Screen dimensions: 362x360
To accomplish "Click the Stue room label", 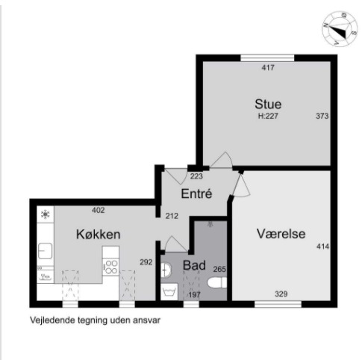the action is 268,104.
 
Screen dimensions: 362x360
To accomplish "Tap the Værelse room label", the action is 281,234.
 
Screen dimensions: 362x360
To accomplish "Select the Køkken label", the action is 99,235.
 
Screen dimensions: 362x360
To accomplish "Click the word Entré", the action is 196,193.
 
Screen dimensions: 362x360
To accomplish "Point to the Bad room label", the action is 194,265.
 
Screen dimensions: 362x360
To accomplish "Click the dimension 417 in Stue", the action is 268,67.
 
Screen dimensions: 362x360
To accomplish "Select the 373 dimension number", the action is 322,116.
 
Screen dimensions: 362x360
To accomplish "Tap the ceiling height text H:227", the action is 268,116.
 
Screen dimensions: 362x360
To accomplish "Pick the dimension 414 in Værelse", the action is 322,246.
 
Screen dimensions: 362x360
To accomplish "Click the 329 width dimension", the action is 281,294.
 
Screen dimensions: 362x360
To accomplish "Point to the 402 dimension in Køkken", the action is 99,210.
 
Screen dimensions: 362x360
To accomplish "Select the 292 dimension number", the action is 146,262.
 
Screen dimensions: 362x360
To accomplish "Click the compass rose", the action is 340,28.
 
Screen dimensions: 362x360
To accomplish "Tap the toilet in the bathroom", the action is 217,283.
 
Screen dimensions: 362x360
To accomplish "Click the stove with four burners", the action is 110,267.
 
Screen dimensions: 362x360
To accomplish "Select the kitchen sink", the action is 45,251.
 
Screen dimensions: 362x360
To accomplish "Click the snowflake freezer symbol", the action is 46,214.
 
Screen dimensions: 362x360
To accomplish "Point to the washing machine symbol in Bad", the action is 169,291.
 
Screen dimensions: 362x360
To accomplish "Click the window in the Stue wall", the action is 267,58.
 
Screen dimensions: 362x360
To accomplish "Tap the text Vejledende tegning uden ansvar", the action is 96,320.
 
